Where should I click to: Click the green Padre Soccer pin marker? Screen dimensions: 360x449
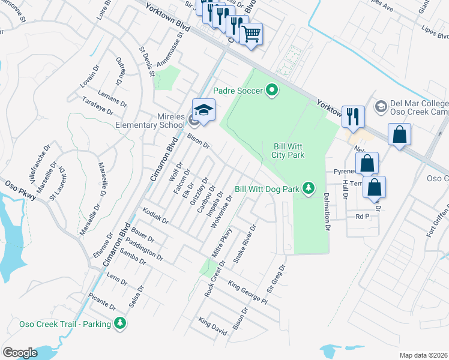(x=272, y=91)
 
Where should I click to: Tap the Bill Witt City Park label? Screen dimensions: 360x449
(x=289, y=151)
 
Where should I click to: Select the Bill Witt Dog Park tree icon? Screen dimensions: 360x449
(x=309, y=188)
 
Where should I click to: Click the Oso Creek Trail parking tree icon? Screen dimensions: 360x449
(x=121, y=323)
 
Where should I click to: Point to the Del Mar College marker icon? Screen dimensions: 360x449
(x=380, y=106)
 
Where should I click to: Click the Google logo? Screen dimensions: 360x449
(x=20, y=353)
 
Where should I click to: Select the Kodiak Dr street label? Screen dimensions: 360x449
(x=155, y=217)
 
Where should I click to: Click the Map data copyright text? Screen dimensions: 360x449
(x=423, y=355)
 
